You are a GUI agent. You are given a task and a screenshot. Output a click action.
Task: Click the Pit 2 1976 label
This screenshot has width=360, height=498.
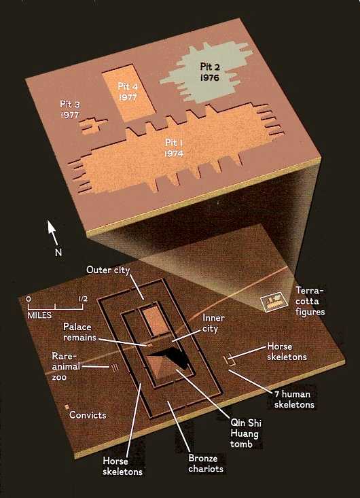209,72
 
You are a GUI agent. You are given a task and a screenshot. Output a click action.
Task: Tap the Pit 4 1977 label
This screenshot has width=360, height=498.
128,92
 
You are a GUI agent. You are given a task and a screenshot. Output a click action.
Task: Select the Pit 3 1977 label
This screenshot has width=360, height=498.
70,109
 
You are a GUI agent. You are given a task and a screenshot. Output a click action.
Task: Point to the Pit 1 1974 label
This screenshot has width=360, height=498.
174,147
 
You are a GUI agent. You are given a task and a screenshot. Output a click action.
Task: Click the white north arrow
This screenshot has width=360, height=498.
53,233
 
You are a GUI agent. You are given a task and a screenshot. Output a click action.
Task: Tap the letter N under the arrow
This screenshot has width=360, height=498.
58,253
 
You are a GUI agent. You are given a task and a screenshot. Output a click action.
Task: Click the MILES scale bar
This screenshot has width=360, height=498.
55,306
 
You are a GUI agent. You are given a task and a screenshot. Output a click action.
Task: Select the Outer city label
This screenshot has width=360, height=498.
108,270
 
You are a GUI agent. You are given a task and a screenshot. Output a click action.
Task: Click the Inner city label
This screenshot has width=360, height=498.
213,323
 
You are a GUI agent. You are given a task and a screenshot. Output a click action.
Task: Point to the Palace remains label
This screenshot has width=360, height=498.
79,332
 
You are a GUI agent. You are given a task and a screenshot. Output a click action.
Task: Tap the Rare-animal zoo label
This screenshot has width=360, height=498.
66,366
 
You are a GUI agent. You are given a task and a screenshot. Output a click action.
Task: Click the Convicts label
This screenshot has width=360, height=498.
88,415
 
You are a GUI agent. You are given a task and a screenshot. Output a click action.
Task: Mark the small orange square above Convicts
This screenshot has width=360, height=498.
67,406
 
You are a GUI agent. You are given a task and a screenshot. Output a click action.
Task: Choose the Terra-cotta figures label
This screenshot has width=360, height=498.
310,301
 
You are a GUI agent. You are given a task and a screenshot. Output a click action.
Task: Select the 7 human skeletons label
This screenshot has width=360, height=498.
294,399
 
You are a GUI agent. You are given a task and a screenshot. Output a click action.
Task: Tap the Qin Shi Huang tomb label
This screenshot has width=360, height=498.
245,433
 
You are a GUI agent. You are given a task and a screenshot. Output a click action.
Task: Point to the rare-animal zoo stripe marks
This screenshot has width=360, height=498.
115,368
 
